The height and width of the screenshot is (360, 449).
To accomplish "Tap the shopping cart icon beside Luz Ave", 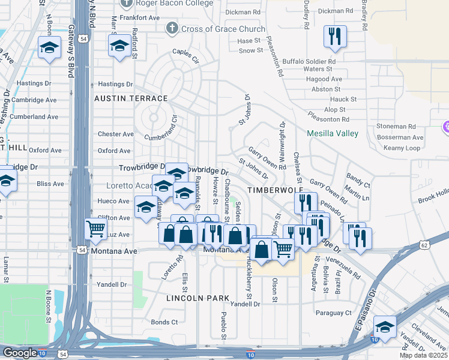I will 95,229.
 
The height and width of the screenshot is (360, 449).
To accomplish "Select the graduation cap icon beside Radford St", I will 119,46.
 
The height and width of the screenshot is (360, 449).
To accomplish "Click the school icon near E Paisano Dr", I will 384,328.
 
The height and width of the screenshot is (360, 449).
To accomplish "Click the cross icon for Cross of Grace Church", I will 172,28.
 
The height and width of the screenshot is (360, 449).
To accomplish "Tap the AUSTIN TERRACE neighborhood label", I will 130,98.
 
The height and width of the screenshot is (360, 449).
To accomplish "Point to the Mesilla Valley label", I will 332,133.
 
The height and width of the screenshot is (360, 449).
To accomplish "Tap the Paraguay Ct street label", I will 333,313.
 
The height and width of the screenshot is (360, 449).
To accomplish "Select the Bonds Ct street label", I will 164,322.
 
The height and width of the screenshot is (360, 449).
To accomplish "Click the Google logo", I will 19,353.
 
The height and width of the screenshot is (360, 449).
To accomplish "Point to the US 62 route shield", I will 425,245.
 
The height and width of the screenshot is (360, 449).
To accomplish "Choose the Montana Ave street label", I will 114,251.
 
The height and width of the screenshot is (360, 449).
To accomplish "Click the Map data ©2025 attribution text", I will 423,355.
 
